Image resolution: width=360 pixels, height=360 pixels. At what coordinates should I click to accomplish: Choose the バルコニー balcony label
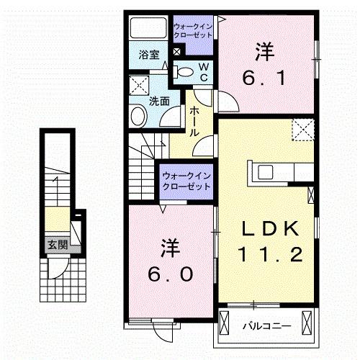point(266,325)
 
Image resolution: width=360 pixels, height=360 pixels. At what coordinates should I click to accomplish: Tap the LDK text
point(269,229)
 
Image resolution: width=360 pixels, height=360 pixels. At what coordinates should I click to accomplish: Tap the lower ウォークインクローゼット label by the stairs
point(185,180)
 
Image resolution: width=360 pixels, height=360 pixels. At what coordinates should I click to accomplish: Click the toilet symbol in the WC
point(184,71)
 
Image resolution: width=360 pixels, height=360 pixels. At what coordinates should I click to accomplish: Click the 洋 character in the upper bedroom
point(264,52)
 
